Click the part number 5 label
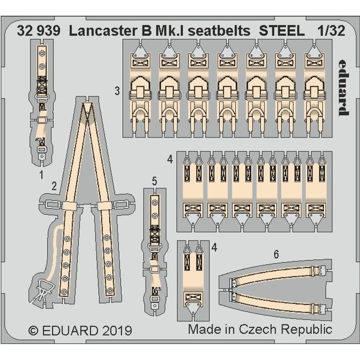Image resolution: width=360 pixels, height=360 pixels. pyautogui.click(x=154, y=181)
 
